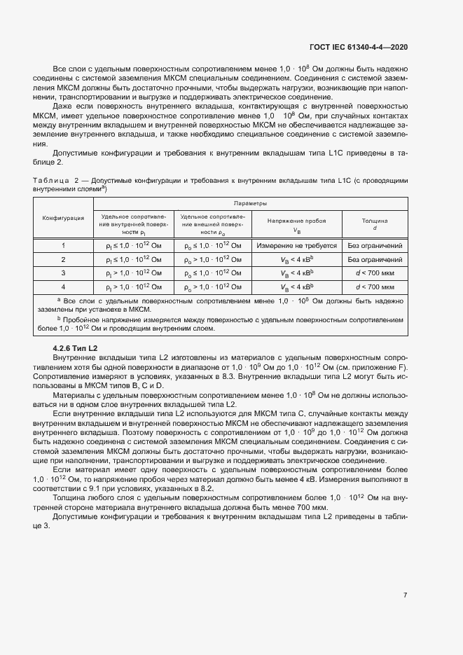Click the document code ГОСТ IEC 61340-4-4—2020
point(358,46)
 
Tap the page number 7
point(405,595)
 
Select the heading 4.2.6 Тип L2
point(75,347)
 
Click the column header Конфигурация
point(64,218)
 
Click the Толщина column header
point(375,223)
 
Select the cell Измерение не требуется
point(296,247)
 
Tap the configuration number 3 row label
point(63,273)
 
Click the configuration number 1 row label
point(63,247)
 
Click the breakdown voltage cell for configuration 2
point(296,259)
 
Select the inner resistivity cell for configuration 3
point(132,273)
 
